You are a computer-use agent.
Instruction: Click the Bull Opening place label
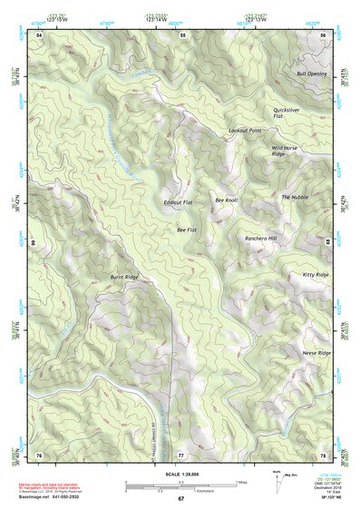point(311,74)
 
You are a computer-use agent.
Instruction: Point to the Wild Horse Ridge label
point(285,151)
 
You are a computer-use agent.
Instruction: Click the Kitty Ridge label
point(316,274)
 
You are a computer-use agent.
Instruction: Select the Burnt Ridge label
point(124,276)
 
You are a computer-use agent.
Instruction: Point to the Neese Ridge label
point(316,353)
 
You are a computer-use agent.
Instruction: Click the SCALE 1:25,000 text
point(180,474)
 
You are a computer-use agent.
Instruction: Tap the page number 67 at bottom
point(180,499)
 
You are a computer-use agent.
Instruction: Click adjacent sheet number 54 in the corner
point(40,34)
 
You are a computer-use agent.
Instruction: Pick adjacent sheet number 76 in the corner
point(39,454)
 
